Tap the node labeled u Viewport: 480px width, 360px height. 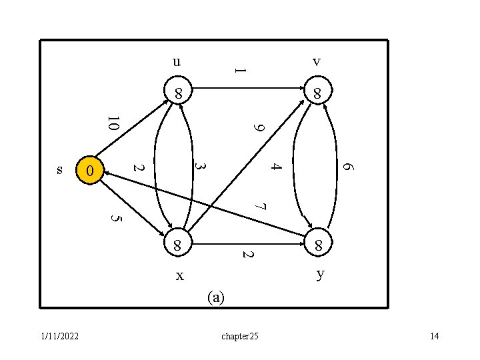pos(179,92)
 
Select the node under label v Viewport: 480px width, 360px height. pos(318,93)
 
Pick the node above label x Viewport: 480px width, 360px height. pos(178,245)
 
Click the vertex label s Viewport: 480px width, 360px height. pos(59,170)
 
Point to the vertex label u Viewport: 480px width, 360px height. pos(176,62)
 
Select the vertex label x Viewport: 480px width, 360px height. pos(179,275)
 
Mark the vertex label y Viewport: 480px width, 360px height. pos(321,274)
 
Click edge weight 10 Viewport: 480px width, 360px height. pos(113,123)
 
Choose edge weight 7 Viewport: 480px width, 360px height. pos(261,207)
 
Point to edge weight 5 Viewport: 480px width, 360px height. pos(115,218)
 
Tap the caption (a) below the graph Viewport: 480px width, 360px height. pos(216,297)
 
